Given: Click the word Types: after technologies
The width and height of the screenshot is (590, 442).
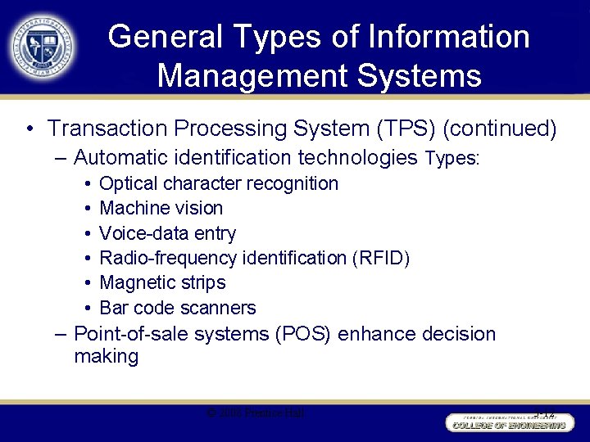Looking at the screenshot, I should tap(452, 157).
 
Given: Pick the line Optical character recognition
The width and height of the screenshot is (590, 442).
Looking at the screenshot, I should tap(218, 183).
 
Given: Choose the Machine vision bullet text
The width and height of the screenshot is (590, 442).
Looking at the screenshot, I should tap(161, 208).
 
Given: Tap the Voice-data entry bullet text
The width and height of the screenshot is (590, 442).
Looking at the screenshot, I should tap(167, 233).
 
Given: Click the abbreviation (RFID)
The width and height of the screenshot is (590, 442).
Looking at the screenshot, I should tap(380, 258).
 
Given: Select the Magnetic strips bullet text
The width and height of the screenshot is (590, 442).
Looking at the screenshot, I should tap(162, 282).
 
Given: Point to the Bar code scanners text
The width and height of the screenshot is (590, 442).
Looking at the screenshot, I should tap(177, 308).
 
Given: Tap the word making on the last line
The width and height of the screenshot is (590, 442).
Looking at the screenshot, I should tap(106, 356).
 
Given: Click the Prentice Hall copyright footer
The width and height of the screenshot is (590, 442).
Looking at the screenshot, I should tap(256, 413).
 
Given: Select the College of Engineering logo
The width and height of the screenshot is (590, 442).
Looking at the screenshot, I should tap(507, 422).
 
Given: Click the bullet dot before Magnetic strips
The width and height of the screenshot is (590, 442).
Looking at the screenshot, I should tap(87, 283).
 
